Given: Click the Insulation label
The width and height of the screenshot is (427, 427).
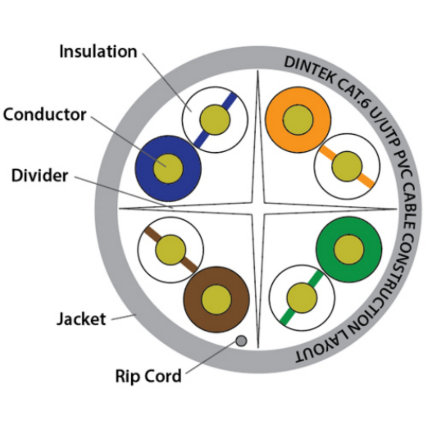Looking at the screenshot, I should coord(98,52).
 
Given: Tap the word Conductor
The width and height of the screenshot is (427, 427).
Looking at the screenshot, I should coord(45,115).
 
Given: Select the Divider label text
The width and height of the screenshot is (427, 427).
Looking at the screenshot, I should coord(40,176).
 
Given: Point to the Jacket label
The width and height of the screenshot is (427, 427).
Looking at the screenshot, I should coord(81,319).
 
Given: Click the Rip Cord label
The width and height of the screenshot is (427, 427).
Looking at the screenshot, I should coord(148,376).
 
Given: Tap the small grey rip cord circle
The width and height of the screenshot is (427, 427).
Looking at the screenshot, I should coord(241,341).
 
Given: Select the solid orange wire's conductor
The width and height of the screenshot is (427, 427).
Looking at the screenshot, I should coord(298,120).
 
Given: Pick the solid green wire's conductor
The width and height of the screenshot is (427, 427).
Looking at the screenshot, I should coord(349,249).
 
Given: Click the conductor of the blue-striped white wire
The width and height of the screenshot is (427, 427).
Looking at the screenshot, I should coord(215,120).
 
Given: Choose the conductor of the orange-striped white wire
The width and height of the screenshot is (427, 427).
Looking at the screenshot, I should coord(347,166).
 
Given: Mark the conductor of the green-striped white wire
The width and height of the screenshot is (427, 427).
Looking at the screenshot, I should coord(302,298).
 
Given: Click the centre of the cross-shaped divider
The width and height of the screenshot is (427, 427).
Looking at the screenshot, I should coord(258,209).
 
